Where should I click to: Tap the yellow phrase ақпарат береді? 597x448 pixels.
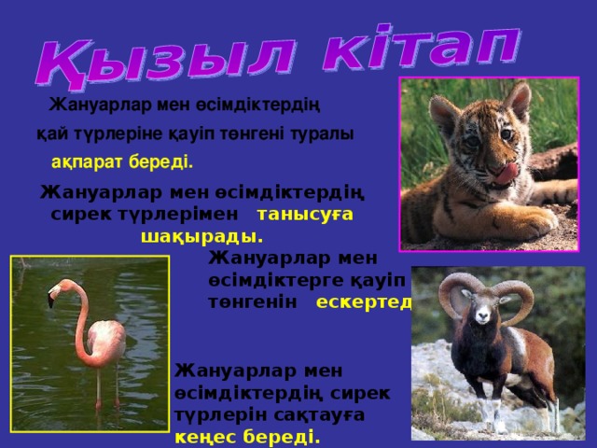tap(122, 162)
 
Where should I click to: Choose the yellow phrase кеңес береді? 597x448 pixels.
tap(247, 436)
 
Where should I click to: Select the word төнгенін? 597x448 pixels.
tap(253, 301)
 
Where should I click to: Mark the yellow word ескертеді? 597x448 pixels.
tap(364, 301)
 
